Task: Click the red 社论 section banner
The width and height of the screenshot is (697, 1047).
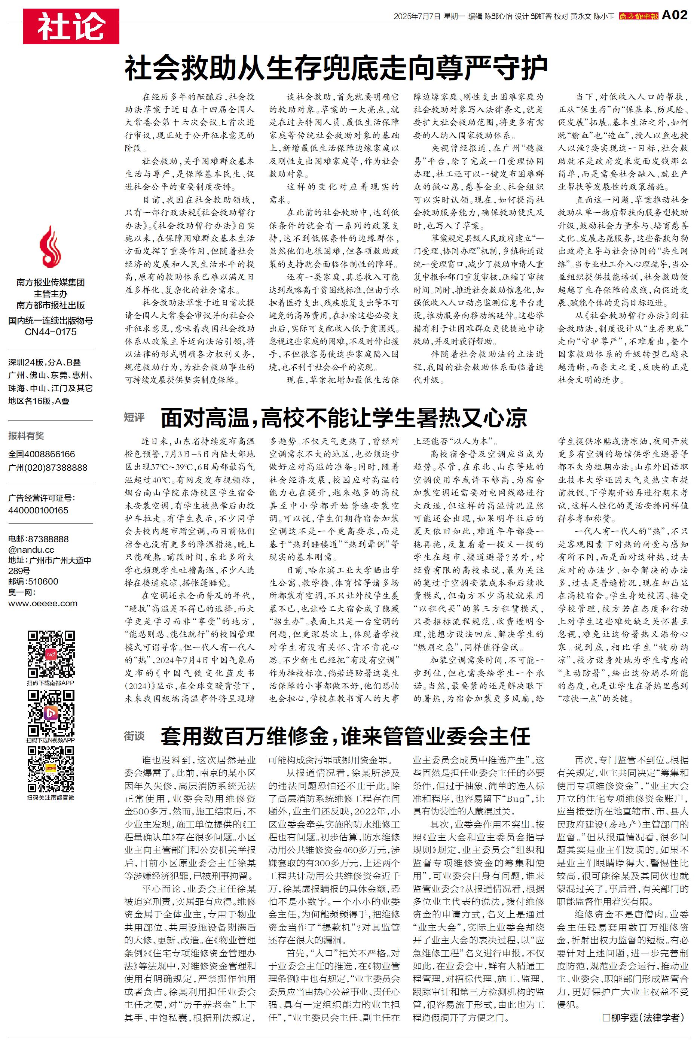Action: pyautogui.click(x=71, y=26)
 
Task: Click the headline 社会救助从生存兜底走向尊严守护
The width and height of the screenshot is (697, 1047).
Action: pyautogui.click(x=336, y=69)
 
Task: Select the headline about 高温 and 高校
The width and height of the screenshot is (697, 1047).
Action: pyautogui.click(x=343, y=417)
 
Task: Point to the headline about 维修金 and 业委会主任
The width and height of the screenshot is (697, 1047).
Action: pyautogui.click(x=345, y=736)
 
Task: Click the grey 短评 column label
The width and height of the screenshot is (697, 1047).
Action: pyautogui.click(x=134, y=417)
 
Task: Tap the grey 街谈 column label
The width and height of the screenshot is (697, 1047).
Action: pyautogui.click(x=134, y=736)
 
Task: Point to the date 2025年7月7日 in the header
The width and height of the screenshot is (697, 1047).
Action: pyautogui.click(x=416, y=16)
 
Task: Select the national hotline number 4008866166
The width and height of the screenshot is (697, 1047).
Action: pyautogui.click(x=42, y=454)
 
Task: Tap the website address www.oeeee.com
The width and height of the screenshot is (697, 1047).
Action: pyautogui.click(x=43, y=604)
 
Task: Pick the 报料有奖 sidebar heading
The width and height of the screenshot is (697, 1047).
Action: pyautogui.click(x=26, y=436)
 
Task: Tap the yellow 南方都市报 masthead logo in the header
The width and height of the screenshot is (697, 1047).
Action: pyautogui.click(x=638, y=16)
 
